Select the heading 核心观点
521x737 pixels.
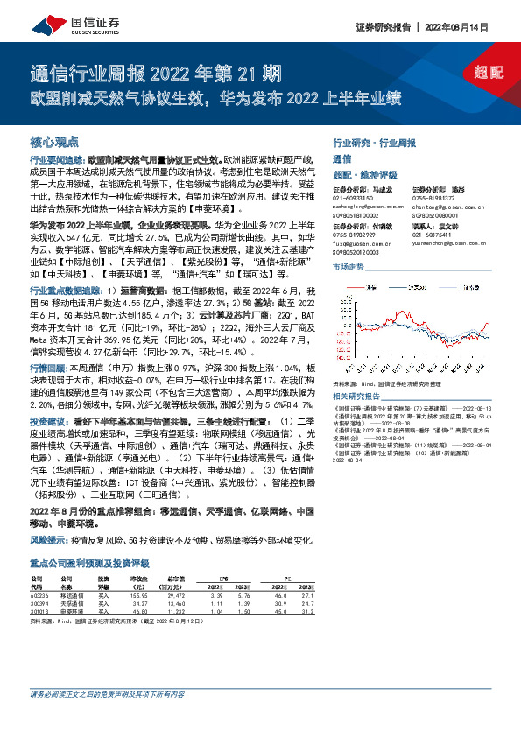click(55, 141)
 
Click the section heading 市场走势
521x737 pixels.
click(348, 265)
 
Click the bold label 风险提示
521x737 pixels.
click(46, 540)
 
